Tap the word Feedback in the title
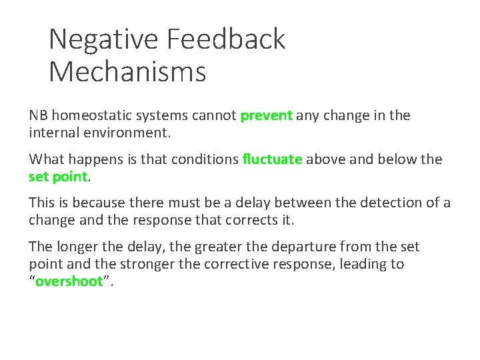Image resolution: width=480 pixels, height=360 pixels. pos(226,39)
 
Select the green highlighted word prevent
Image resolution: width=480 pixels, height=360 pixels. pos(266,115)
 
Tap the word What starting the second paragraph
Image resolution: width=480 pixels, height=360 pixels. pos(46,159)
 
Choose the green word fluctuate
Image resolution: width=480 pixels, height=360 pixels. pos(273,159)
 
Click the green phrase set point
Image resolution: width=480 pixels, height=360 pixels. pos(58,176)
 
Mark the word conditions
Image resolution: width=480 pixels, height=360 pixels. pos(207,159)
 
